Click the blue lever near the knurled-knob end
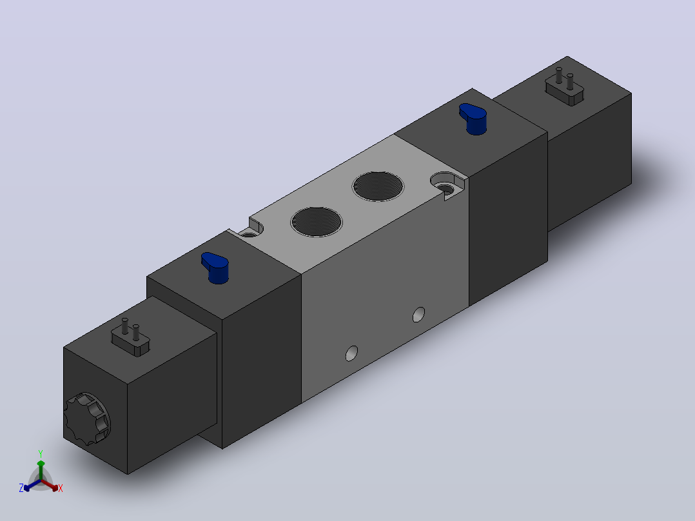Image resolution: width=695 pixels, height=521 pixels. click(215, 268)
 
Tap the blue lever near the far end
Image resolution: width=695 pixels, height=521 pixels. click(473, 119)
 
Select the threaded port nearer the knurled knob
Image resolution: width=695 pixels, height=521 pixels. click(317, 221)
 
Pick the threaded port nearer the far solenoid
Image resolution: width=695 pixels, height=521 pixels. click(378, 186)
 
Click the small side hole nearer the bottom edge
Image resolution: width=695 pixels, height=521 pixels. click(351, 353)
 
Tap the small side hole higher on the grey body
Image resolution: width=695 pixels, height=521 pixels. click(418, 315)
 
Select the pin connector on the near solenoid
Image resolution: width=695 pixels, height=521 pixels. click(130, 339)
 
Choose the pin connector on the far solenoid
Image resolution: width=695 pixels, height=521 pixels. click(564, 88)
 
